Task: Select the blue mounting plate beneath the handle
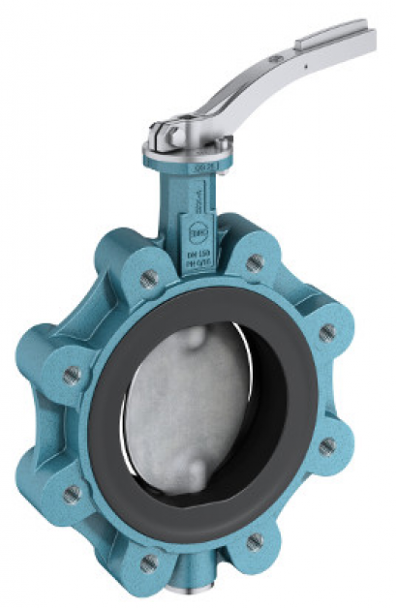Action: [189, 155]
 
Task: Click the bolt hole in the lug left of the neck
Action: [149, 279]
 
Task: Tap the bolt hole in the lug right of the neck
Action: [254, 261]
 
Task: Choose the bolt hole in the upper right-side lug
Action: [328, 332]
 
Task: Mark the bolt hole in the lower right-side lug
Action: [329, 446]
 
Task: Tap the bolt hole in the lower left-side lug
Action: [72, 494]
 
